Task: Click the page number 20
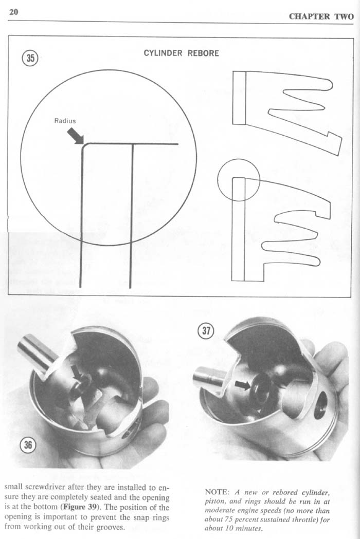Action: click(14, 12)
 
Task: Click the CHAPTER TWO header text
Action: click(321, 16)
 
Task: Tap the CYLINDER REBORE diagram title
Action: click(181, 53)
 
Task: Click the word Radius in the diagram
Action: click(65, 121)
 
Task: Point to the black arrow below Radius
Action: click(76, 136)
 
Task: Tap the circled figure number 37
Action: click(206, 331)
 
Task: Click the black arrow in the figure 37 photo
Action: click(243, 385)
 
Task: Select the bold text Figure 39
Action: click(82, 507)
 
